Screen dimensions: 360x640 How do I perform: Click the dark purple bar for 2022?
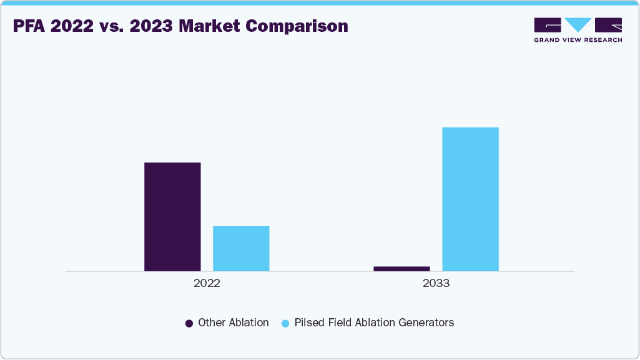click(x=172, y=216)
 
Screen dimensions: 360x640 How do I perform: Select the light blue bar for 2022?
click(x=241, y=248)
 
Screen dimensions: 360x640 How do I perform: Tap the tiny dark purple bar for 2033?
click(x=401, y=268)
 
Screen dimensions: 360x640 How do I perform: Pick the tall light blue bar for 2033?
click(x=470, y=199)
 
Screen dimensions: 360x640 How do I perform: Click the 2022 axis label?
click(x=207, y=283)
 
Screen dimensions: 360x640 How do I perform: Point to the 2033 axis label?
click(x=436, y=283)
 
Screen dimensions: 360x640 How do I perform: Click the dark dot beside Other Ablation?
click(x=189, y=323)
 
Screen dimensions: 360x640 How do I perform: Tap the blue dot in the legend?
click(x=285, y=323)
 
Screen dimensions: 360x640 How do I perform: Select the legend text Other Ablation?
click(x=233, y=323)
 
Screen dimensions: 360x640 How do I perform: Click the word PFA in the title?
click(x=29, y=26)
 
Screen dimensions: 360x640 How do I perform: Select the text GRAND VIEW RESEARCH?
click(x=578, y=40)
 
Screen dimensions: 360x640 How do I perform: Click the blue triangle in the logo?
click(x=578, y=24)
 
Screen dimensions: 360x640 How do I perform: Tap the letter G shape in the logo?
click(x=548, y=24)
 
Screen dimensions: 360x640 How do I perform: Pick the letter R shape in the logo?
click(x=608, y=24)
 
